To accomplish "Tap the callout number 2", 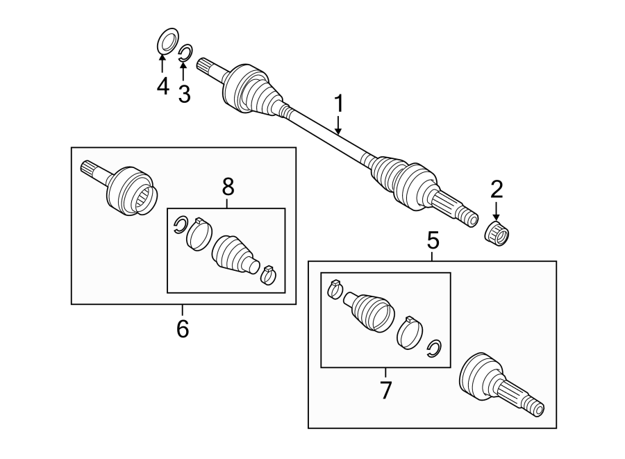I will (496, 189).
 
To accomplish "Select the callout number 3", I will (184, 94).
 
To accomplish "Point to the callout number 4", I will (162, 87).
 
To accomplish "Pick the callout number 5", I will (433, 241).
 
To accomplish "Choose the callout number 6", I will (183, 328).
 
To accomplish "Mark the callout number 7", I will (385, 390).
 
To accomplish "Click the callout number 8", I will (228, 186).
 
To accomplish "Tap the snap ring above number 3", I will (185, 53).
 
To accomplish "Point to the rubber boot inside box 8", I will (234, 253).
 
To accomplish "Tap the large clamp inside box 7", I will (410, 332).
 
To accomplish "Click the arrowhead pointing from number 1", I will (339, 131).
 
